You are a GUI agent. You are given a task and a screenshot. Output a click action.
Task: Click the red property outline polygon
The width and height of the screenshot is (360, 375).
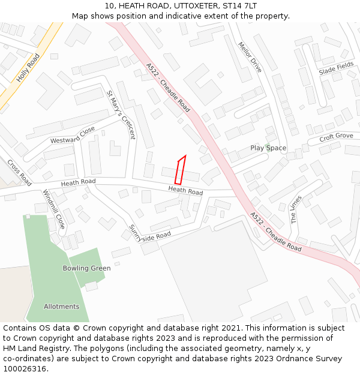coord(179,170)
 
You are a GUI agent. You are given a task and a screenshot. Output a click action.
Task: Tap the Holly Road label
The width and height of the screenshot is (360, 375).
coord(28,67)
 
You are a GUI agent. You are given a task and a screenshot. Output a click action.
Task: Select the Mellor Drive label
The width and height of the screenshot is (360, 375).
coord(250,57)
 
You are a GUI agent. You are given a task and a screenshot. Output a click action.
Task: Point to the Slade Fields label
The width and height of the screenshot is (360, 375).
coord(336,69)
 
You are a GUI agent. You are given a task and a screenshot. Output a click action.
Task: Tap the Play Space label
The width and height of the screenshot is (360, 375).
coord(268,148)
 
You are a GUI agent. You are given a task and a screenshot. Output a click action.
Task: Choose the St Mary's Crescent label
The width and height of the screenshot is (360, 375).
coord(121,115)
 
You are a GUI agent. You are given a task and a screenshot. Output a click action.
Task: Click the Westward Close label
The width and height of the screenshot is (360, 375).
coord(73,136)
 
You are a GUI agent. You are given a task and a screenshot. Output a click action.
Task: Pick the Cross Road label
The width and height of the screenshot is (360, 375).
coord(19,172)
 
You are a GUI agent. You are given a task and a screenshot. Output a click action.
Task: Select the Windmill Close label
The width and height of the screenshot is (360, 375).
coord(53,209)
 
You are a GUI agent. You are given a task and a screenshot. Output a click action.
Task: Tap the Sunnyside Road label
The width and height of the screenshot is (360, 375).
coord(150,233)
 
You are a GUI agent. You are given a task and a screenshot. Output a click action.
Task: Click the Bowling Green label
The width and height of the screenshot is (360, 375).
coord(86,268)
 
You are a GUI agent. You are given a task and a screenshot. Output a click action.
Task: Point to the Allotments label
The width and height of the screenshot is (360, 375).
coord(61,307)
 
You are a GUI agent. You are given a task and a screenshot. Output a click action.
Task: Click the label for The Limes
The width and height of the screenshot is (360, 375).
coord(295,209)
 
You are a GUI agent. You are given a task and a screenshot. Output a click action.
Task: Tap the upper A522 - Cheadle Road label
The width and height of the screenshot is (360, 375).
coord(168,88)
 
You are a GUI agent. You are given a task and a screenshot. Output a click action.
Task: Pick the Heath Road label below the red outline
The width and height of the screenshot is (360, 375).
coord(185,191)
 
